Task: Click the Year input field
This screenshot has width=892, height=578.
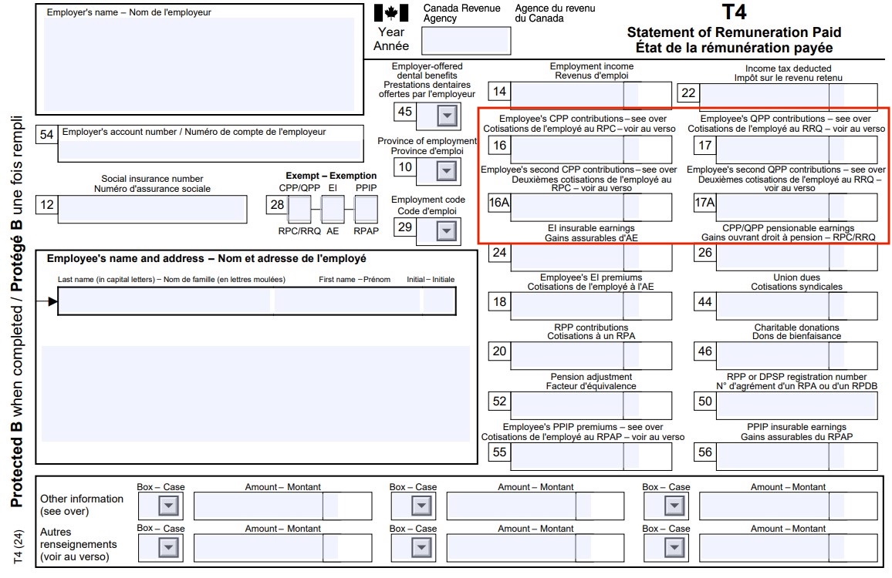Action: pos(466,41)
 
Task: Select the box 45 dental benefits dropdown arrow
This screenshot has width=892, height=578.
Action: pos(447,116)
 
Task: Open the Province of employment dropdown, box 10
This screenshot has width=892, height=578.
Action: pos(447,170)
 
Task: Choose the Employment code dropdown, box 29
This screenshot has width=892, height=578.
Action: pos(447,230)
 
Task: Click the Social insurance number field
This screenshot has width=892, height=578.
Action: pos(153,209)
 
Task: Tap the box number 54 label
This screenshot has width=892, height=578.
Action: pos(46,135)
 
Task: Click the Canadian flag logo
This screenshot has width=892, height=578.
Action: pos(391,13)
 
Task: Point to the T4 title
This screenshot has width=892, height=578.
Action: pos(735,12)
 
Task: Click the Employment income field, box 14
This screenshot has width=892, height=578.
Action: pos(591,95)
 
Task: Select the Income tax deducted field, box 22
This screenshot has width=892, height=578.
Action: pos(788,96)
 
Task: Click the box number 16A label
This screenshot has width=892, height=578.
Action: pos(499,203)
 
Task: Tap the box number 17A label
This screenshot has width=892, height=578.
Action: pos(704,203)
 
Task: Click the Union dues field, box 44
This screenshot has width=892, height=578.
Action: pos(796,306)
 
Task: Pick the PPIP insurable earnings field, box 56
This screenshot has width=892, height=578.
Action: pos(796,455)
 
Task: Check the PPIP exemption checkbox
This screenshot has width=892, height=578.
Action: pos(366,209)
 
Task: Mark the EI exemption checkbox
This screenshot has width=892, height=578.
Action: pos(333,209)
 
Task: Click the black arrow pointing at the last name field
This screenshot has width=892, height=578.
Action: pos(47,301)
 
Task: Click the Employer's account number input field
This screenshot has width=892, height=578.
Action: pos(211,150)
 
